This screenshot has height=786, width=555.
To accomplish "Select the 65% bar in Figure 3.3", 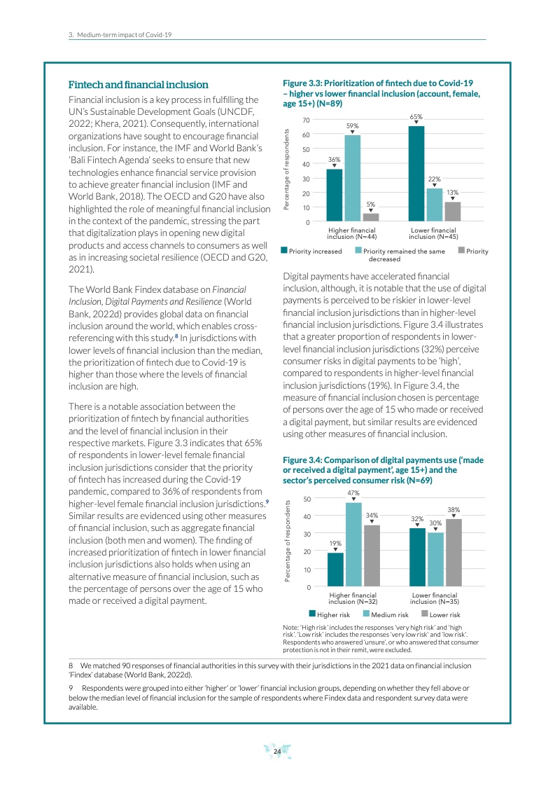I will (x=416, y=174).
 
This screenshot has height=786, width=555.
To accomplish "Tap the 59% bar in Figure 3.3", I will (x=353, y=179).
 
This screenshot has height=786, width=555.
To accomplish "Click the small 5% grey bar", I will (x=371, y=217).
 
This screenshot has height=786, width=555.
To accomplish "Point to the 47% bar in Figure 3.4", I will (x=353, y=544).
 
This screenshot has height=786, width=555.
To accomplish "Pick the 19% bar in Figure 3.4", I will (x=335, y=569).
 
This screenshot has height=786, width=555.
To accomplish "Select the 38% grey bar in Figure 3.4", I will (x=454, y=552).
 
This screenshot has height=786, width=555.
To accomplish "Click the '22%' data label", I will (x=434, y=179).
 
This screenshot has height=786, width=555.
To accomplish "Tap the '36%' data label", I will (x=334, y=160).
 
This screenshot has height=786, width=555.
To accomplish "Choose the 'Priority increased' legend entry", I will (x=311, y=251).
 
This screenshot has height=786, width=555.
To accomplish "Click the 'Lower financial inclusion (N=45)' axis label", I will (x=433, y=233).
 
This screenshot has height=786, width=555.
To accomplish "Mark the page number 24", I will (x=277, y=752).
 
